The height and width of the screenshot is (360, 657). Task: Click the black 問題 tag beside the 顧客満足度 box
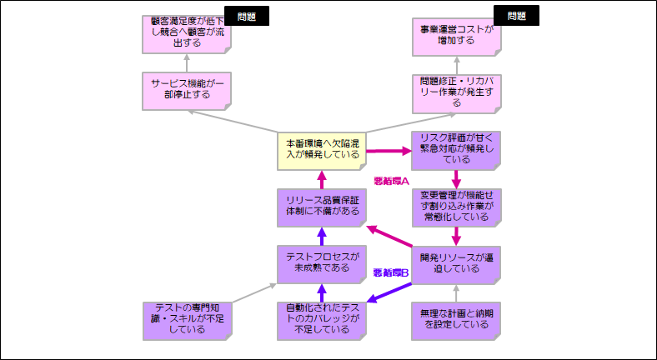(x=246, y=16)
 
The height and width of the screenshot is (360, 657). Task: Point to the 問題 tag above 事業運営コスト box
(x=516, y=16)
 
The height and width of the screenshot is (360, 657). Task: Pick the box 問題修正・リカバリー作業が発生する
(x=457, y=91)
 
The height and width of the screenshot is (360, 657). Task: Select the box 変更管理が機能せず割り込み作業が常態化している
(x=457, y=206)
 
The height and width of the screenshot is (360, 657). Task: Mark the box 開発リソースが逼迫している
(x=457, y=263)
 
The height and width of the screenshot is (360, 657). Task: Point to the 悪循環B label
(x=390, y=272)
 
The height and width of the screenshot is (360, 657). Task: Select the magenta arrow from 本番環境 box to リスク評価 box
(x=389, y=151)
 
